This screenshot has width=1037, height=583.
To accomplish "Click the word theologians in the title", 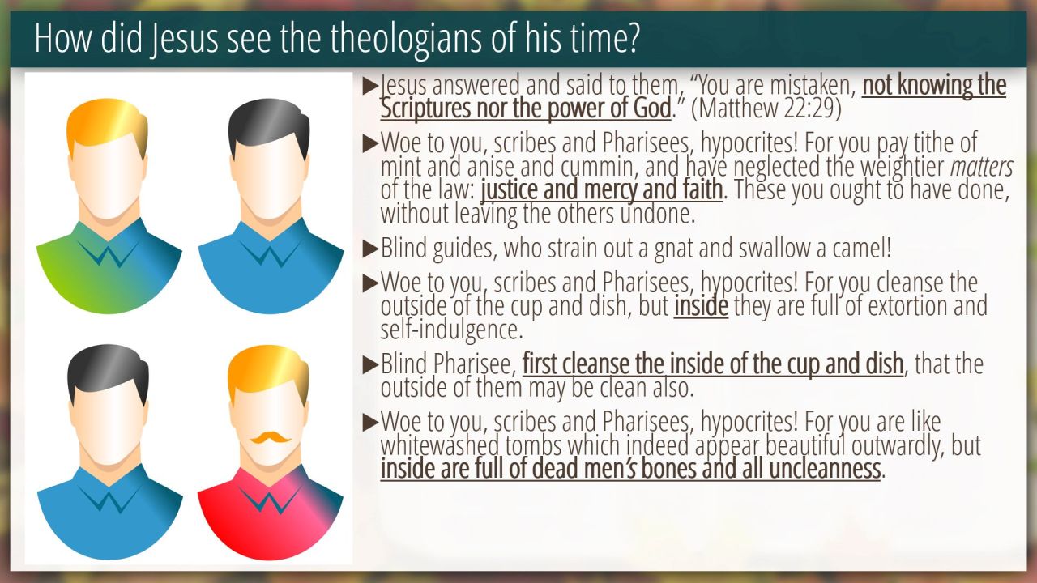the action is click(x=407, y=38).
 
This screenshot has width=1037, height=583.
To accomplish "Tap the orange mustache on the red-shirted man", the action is click(x=271, y=437).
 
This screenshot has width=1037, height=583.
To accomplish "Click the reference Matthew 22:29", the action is click(x=766, y=109).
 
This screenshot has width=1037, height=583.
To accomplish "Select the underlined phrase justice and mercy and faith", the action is click(x=602, y=189).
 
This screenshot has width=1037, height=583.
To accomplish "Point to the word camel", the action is click(x=861, y=248).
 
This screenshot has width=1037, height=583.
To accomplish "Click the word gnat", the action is click(x=673, y=249).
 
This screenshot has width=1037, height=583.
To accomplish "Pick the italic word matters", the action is click(x=982, y=167).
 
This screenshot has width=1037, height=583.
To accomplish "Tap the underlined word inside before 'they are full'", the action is click(x=701, y=306).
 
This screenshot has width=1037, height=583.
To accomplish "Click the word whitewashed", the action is click(x=440, y=445).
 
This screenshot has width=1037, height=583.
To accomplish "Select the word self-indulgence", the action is click(x=452, y=330).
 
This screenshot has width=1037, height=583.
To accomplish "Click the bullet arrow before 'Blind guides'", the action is click(x=371, y=249).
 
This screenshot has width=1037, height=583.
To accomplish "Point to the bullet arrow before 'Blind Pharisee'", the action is click(x=371, y=364).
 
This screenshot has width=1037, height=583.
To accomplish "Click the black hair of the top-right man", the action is click(x=269, y=124).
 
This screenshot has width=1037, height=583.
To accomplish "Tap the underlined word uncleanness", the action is click(x=825, y=468).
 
